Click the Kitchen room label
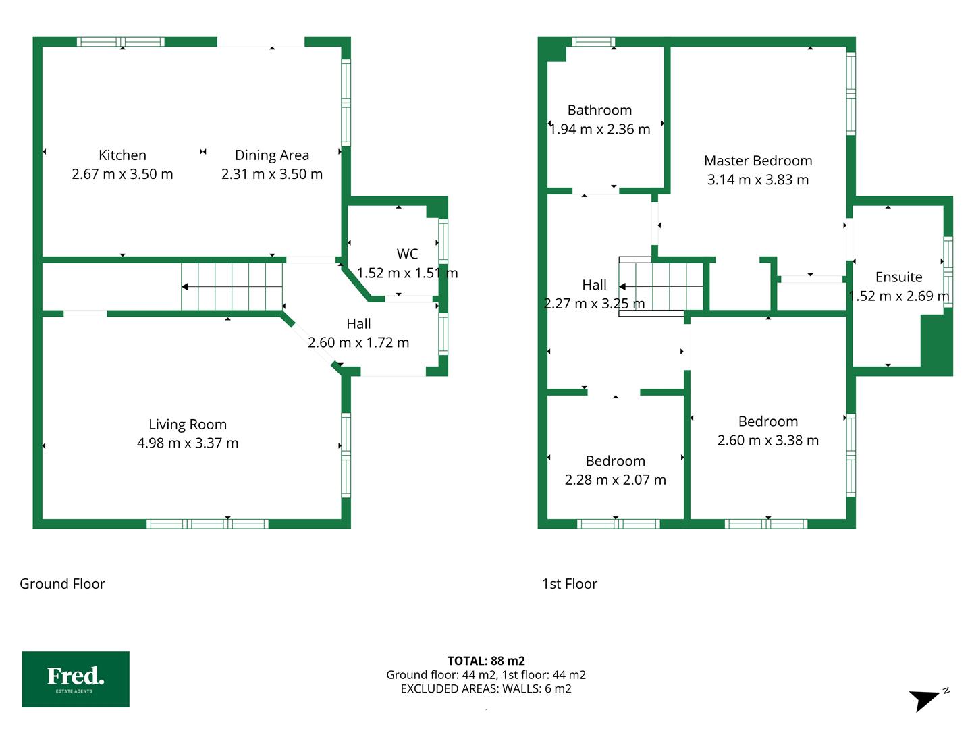122,155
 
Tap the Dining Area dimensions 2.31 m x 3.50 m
272,174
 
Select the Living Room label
188,424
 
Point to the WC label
407,254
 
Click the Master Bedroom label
757,160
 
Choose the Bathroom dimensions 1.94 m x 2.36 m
599,129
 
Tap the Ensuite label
898,277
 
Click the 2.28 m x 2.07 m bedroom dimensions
615,479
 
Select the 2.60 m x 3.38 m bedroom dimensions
768,440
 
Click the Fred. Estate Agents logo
76,679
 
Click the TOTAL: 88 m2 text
486,661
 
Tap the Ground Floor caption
63,583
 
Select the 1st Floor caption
570,583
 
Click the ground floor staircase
232,286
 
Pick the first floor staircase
660,286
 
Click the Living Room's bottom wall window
207,524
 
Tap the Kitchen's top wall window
120,42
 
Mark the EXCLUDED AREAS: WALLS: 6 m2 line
486,688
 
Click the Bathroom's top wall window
593,42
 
